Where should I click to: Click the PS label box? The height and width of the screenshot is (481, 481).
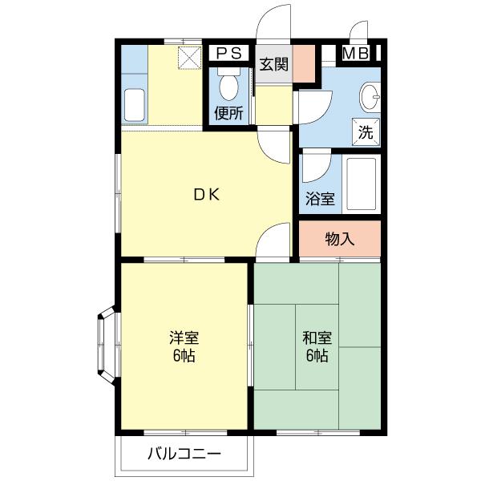[228, 53]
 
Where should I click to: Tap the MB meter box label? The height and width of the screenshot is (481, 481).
[356, 53]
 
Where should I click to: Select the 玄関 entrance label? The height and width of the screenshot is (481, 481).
[274, 64]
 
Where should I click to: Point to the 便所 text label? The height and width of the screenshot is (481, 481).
[228, 113]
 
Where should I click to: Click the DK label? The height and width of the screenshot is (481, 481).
[208, 195]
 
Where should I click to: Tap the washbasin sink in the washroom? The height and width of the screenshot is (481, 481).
[370, 97]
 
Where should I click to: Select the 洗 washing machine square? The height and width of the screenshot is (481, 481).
[366, 132]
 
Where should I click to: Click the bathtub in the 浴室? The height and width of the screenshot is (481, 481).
[362, 184]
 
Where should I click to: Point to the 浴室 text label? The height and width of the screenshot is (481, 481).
[320, 199]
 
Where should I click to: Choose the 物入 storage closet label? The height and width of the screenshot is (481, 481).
[340, 239]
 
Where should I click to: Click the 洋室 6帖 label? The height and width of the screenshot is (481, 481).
[184, 346]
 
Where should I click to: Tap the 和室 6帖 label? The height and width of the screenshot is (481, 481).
[317, 346]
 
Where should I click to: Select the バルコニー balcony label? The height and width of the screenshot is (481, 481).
[184, 454]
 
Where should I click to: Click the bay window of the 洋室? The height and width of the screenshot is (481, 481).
[107, 346]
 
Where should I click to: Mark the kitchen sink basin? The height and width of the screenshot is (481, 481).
[135, 105]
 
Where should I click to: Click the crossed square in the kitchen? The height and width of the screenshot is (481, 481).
[189, 58]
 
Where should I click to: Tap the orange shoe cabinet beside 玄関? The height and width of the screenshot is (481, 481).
[304, 64]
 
